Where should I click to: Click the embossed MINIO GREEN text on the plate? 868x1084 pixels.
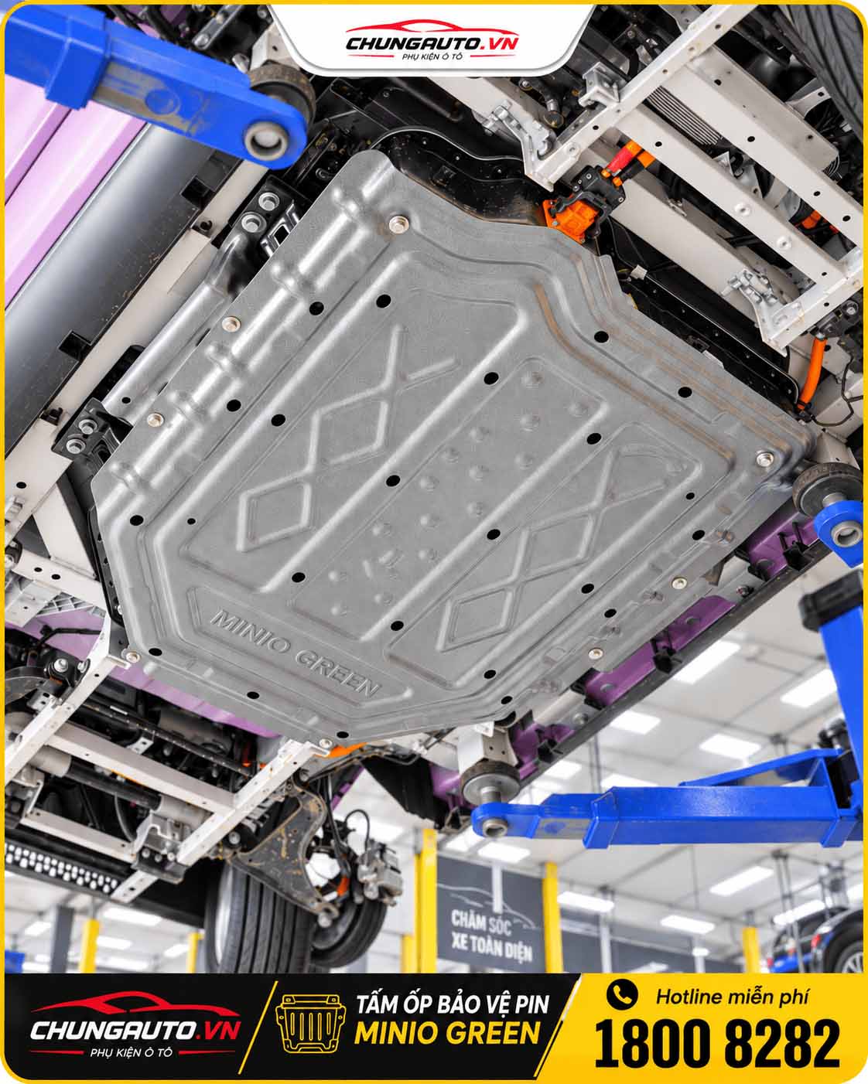pyautogui.click(x=295, y=652)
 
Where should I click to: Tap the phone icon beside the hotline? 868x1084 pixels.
pyautogui.click(x=622, y=994)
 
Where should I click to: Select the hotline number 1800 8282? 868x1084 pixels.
pyautogui.click(x=717, y=1041)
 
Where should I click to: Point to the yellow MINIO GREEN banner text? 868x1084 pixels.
pyautogui.click(x=447, y=1035)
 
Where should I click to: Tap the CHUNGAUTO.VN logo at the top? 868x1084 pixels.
pyautogui.click(x=432, y=41)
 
